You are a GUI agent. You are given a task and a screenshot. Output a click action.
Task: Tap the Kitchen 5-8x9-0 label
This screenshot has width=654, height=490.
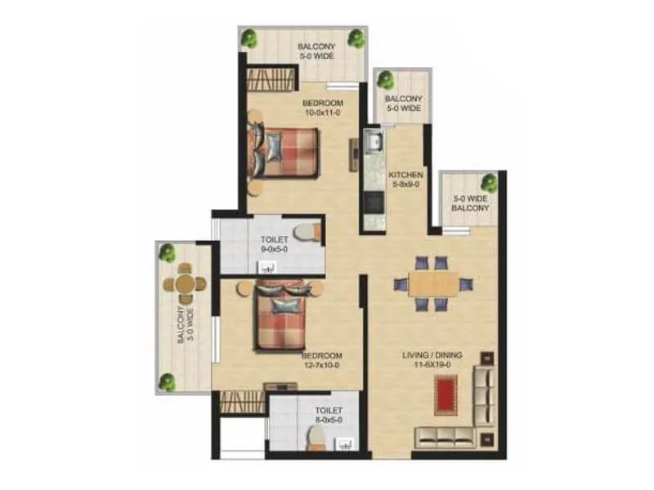click(x=405, y=180)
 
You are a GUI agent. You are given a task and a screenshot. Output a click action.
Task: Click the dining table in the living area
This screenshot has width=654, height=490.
click(x=432, y=283)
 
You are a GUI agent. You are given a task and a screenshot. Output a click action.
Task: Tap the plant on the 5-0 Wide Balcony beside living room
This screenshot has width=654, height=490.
click(x=489, y=183)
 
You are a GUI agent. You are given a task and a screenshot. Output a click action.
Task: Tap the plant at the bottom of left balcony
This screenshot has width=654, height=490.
click(x=168, y=381)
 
